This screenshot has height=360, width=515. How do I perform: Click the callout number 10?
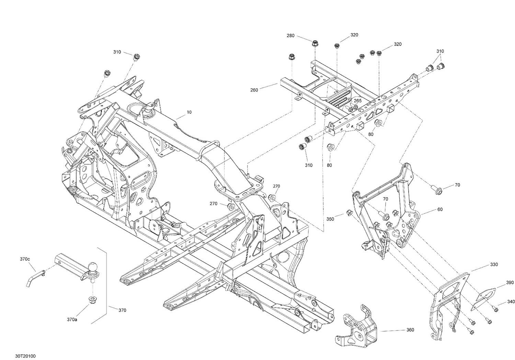[189, 112]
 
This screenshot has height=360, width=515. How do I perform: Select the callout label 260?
[254, 90]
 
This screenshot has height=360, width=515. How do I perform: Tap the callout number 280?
[290, 36]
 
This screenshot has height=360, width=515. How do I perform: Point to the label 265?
[357, 101]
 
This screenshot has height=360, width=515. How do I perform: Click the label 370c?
[25, 259]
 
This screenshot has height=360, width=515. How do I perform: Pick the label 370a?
[72, 319]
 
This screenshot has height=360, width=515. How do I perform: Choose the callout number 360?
[410, 330]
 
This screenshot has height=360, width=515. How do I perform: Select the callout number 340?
[511, 302]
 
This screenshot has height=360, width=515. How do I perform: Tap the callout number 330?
[494, 265]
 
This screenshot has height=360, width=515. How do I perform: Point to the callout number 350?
[330, 219]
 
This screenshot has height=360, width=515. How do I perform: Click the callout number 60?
[440, 209]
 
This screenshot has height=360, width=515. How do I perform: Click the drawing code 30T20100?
[25, 356]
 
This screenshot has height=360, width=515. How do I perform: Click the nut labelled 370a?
[92, 300]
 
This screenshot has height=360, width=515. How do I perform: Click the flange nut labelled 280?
[315, 43]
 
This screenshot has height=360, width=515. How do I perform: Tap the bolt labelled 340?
[495, 309]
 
